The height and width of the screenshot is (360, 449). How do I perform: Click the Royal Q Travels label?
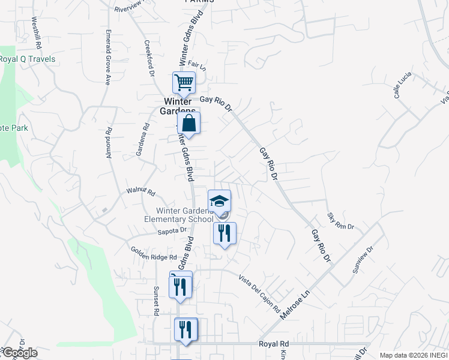tap(28, 59)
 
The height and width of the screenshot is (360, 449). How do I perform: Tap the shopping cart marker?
tap(184, 82)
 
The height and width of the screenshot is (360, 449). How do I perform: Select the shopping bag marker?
tap(189, 123)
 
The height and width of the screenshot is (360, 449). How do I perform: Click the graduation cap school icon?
tap(219, 200)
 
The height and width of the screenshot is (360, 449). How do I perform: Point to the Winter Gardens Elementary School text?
tap(185, 215)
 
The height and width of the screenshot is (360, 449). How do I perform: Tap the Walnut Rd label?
tap(140, 192)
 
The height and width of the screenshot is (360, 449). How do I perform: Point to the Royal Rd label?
tap(274, 344)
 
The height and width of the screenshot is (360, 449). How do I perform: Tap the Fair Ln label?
tap(197, 65)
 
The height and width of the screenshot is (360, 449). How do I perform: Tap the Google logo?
tap(19, 353)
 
